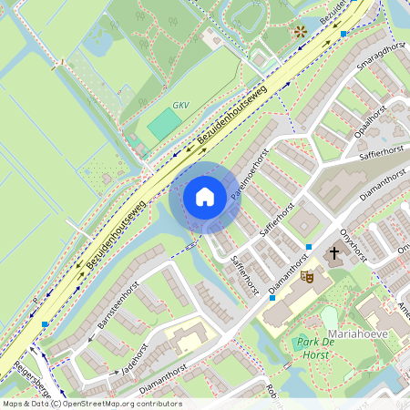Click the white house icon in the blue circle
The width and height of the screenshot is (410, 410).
click(205, 197)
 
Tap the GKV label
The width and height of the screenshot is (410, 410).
click(180, 105)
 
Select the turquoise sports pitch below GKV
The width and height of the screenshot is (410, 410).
click(165, 125)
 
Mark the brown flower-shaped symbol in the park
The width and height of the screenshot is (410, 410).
click(300, 31)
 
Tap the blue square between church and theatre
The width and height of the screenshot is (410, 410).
click(309, 247)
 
